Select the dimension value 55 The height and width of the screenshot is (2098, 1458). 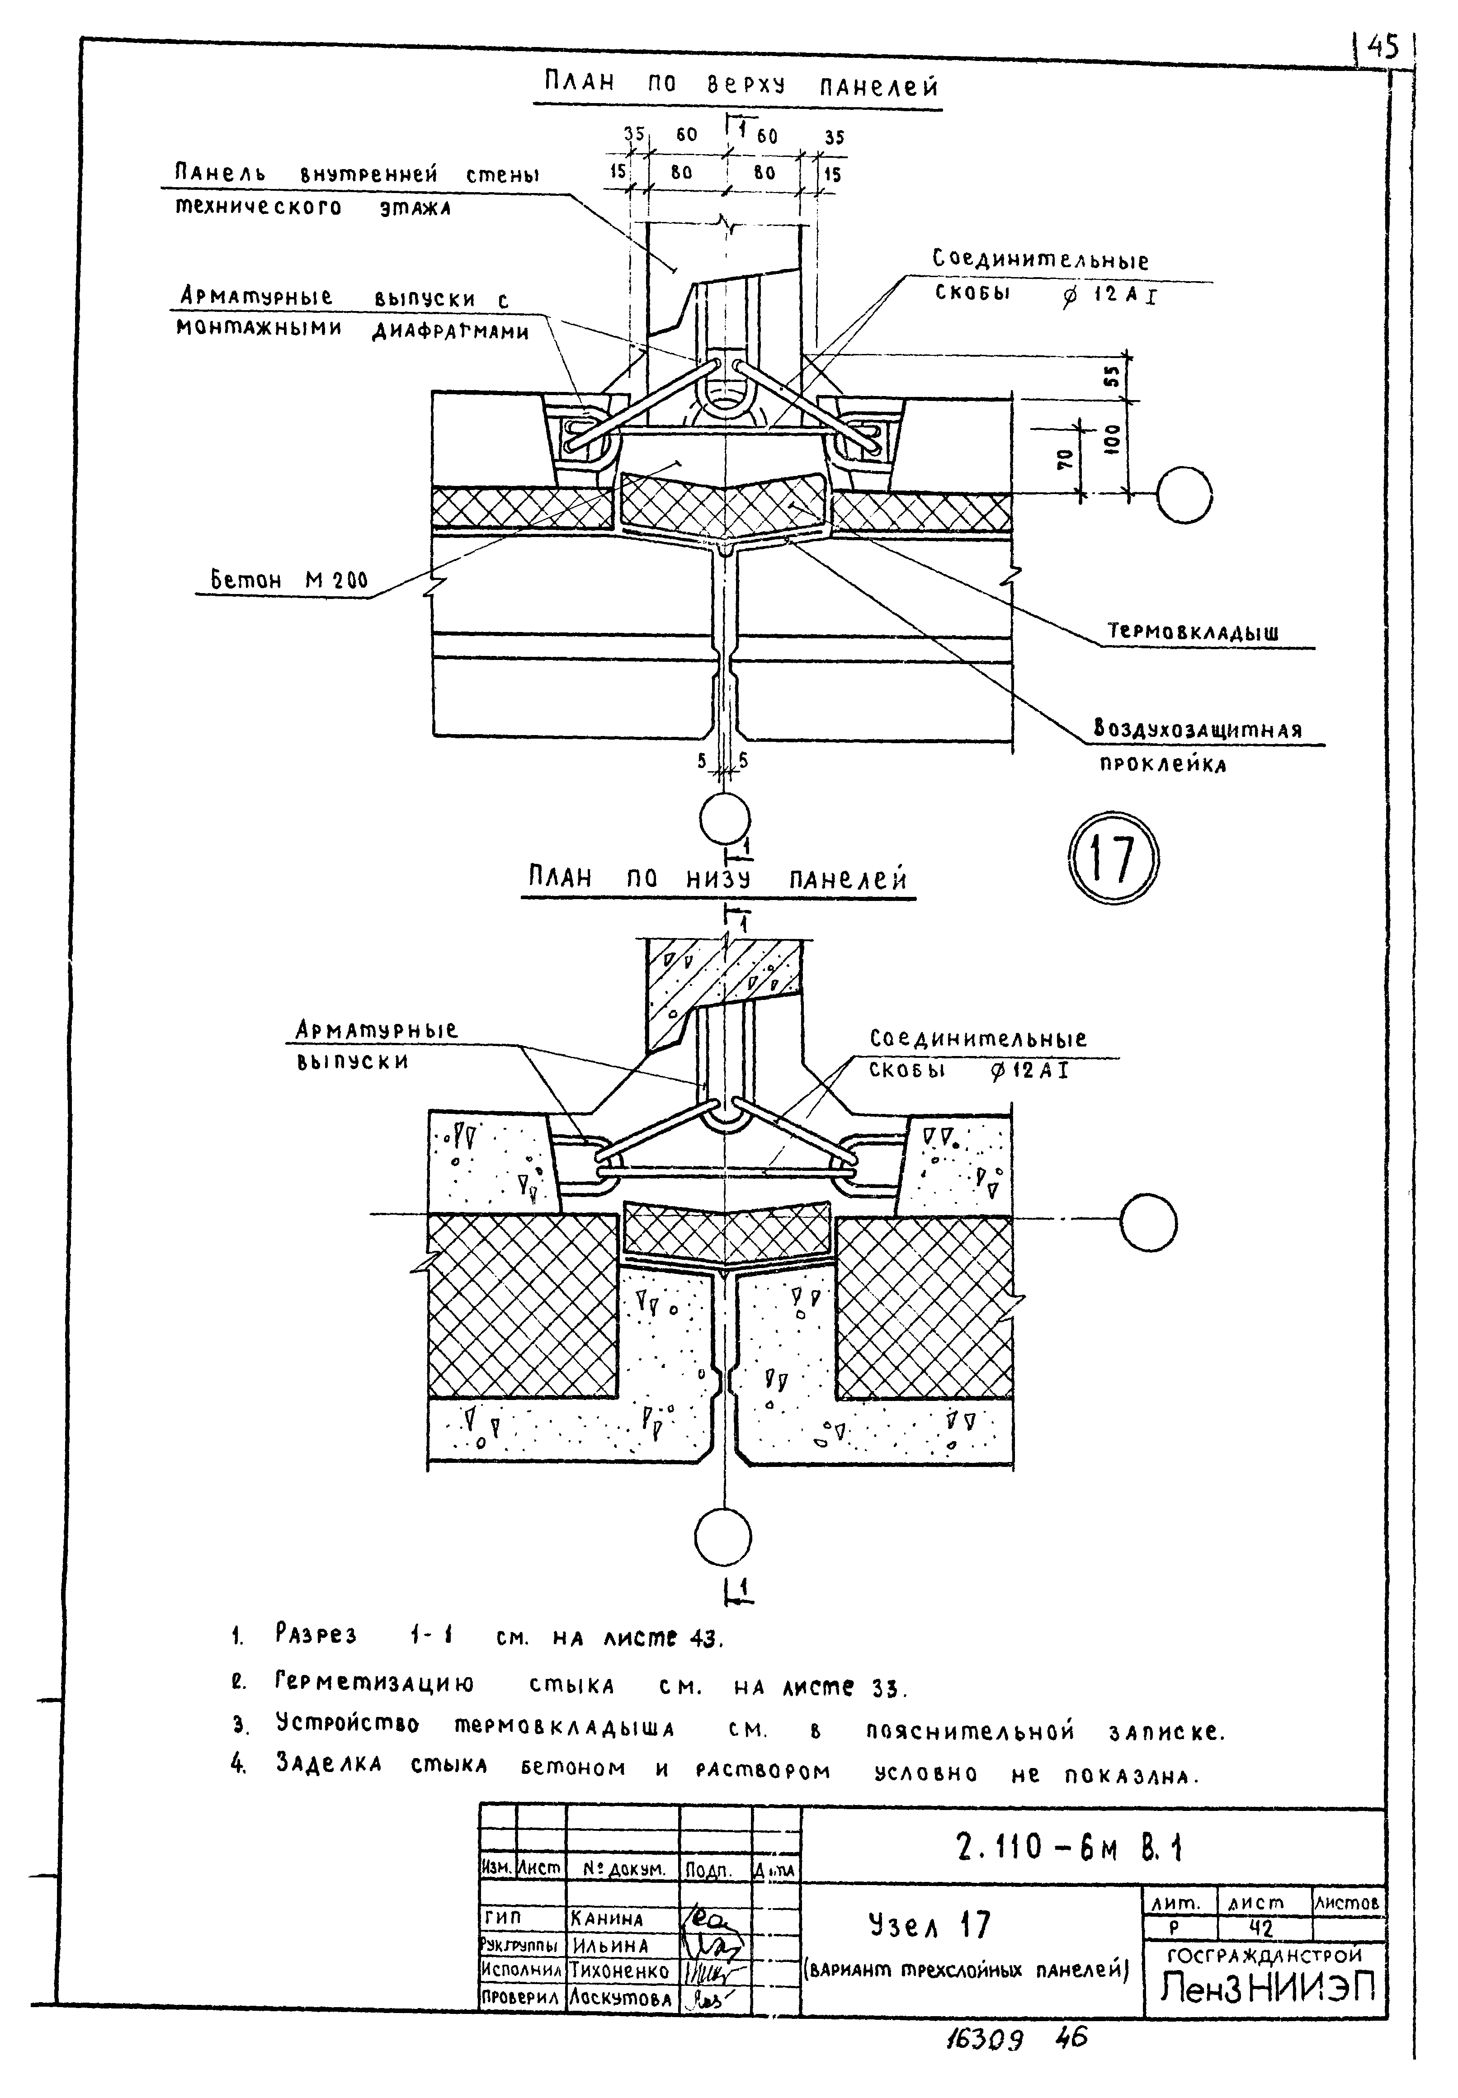[x=1112, y=375]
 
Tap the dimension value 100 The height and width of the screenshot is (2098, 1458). [x=1112, y=446]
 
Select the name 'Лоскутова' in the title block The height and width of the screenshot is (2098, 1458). [x=619, y=1999]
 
